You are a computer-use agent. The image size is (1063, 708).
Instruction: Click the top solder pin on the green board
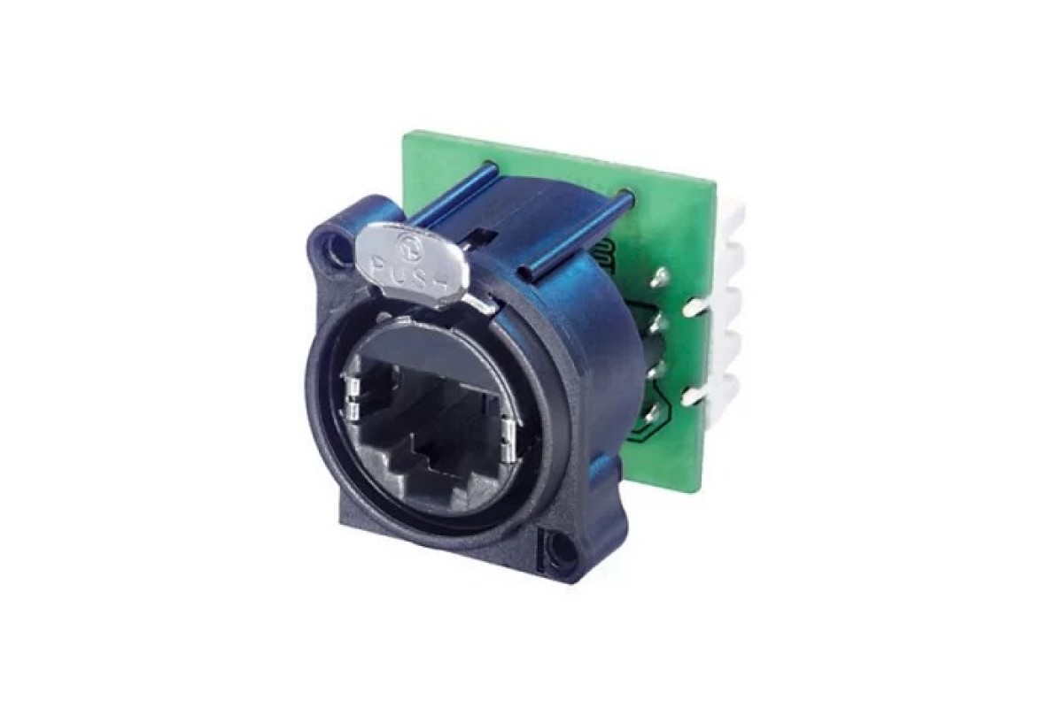click(x=660, y=277)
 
